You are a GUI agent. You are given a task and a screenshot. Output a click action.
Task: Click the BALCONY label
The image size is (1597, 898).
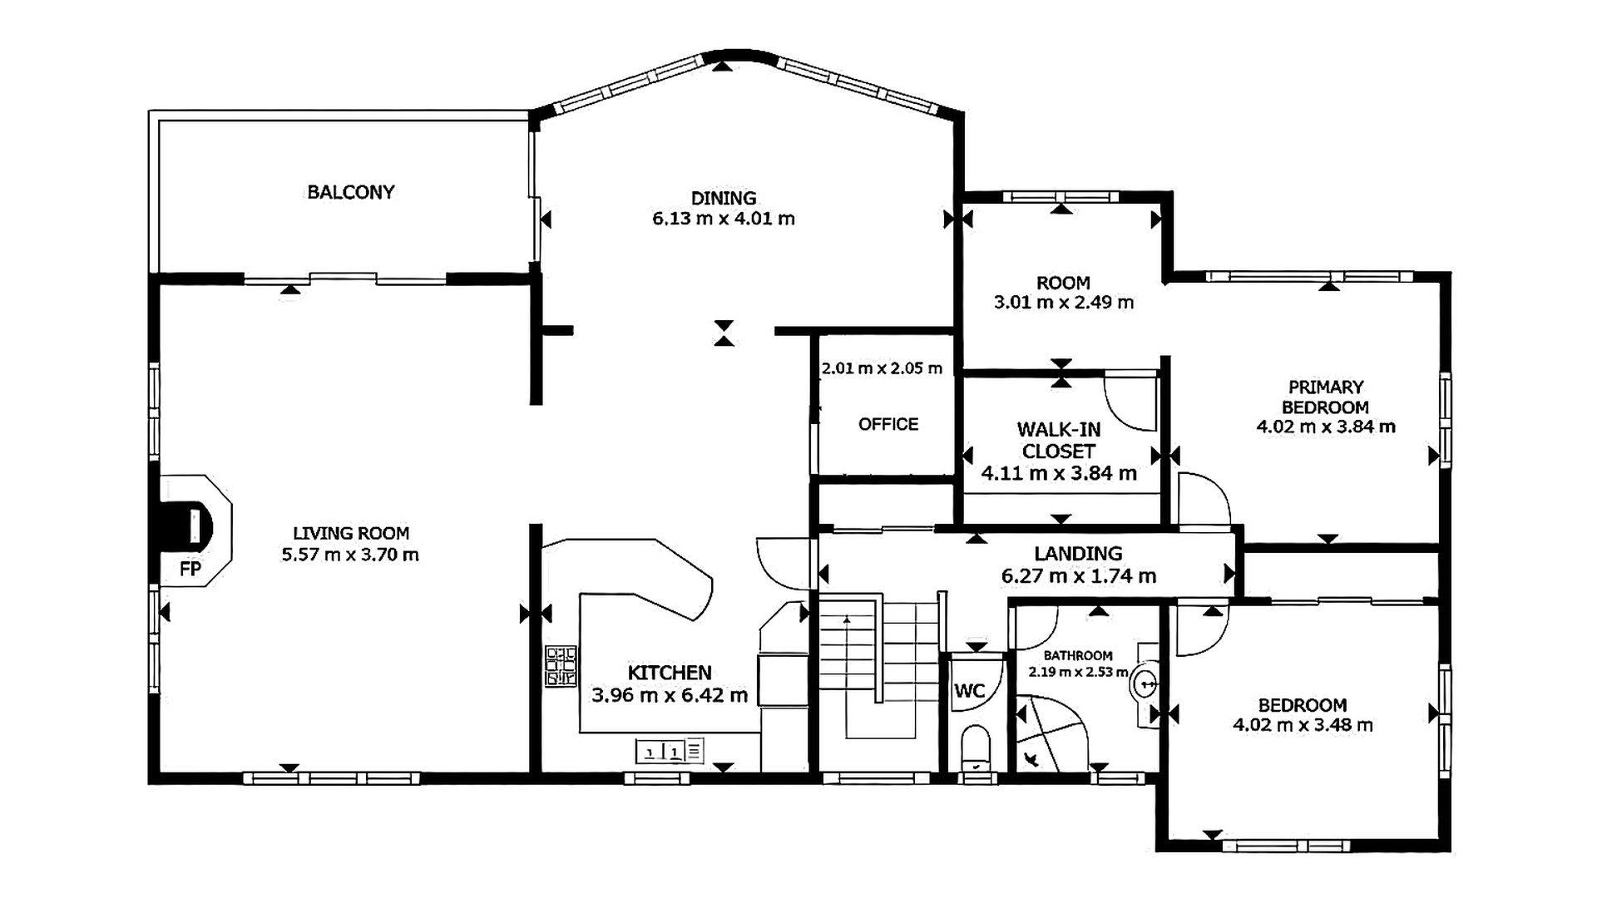(x=350, y=192)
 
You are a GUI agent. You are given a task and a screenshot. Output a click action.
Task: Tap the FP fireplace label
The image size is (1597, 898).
(x=190, y=570)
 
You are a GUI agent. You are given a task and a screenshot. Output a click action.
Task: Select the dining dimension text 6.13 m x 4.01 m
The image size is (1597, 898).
(x=724, y=219)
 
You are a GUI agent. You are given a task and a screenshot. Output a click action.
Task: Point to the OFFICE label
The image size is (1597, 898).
(x=888, y=424)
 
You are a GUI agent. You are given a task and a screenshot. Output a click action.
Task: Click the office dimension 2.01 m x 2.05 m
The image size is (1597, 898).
(x=882, y=368)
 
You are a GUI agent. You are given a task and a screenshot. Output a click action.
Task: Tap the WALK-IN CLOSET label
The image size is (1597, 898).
(x=1059, y=441)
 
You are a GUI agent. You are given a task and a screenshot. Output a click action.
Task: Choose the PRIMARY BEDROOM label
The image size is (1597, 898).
(x=1326, y=397)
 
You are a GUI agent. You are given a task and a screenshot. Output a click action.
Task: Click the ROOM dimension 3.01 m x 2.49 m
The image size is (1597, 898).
(x=1064, y=302)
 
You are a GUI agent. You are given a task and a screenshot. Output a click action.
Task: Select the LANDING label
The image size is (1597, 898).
(x=1078, y=554)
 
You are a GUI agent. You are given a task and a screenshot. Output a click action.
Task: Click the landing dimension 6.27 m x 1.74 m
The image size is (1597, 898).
(x=1079, y=575)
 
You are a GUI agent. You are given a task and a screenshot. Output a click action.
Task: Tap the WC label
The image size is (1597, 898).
(x=969, y=690)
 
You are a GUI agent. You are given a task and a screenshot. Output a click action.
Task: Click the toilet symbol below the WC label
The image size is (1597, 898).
(x=975, y=748)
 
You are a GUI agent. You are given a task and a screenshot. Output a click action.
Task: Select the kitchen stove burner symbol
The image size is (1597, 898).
(x=561, y=667)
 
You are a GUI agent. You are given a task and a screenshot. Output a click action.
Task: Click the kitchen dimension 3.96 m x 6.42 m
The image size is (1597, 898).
(x=670, y=695)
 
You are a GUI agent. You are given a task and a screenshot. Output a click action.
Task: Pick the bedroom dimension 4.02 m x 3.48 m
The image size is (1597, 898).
(x=1303, y=725)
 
